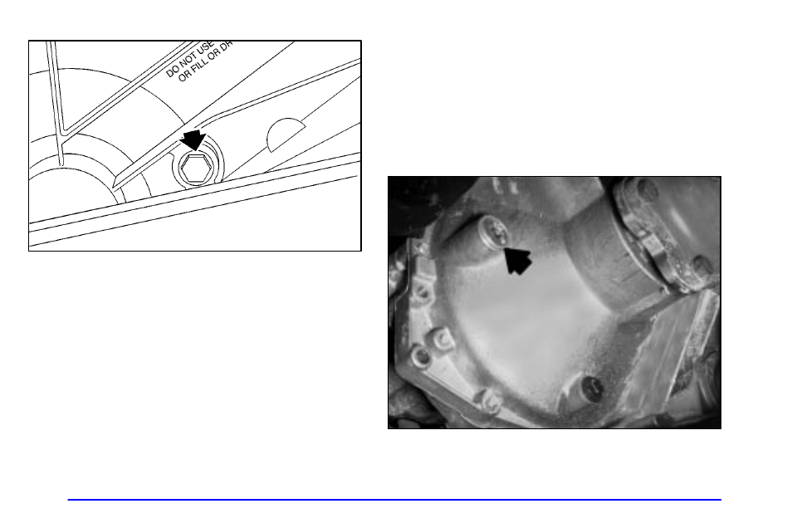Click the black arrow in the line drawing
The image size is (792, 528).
tap(193, 139)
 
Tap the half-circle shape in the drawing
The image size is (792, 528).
tap(286, 134)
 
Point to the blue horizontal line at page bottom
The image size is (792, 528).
tap(394, 500)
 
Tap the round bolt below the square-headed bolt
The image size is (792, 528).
tap(422, 357)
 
